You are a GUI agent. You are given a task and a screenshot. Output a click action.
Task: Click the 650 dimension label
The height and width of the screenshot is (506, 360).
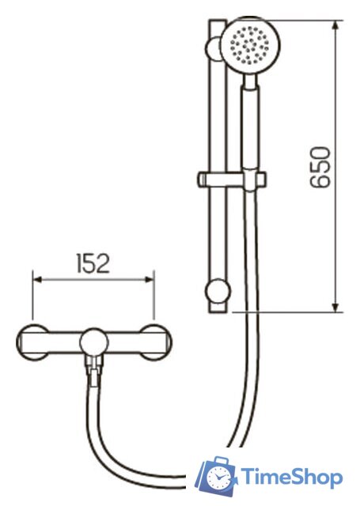tap(320, 167)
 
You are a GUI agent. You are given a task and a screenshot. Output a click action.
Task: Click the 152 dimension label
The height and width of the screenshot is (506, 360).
tap(93, 263)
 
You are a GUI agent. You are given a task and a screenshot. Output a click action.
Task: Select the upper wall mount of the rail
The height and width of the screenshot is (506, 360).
tap(213, 48)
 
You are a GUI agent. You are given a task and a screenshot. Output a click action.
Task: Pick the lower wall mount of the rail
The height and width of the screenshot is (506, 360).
tap(218, 291)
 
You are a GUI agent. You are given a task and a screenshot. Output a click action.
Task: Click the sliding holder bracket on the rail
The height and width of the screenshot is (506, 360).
tap(232, 179)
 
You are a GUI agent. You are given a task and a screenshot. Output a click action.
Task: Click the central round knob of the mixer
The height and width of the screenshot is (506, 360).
tap(94, 343)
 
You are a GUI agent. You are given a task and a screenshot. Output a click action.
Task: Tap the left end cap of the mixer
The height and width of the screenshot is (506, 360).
tap(32, 342)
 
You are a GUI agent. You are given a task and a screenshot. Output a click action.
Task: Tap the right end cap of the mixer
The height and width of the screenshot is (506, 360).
tap(157, 342)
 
